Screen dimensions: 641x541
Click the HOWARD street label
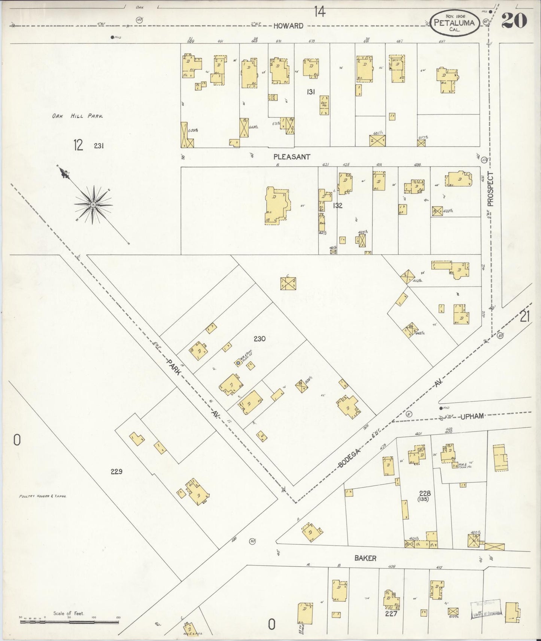(x=288, y=26)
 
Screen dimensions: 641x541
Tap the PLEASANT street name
(x=292, y=157)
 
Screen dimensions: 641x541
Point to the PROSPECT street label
(x=490, y=189)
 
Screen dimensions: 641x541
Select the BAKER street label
(x=365, y=558)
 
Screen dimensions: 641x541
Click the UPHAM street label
(x=472, y=416)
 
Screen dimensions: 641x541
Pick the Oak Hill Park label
(x=77, y=116)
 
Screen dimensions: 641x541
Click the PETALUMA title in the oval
(x=455, y=23)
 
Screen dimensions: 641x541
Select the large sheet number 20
(x=514, y=21)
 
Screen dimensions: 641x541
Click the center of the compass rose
(x=93, y=205)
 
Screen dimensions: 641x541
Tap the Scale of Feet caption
(x=69, y=613)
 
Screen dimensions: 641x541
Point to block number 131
(x=310, y=92)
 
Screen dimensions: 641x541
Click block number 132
(x=338, y=205)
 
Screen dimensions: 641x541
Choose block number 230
(x=259, y=339)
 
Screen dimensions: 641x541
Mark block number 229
(x=116, y=472)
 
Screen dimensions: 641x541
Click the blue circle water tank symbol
(x=238, y=363)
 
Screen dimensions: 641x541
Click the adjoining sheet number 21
(x=525, y=317)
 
